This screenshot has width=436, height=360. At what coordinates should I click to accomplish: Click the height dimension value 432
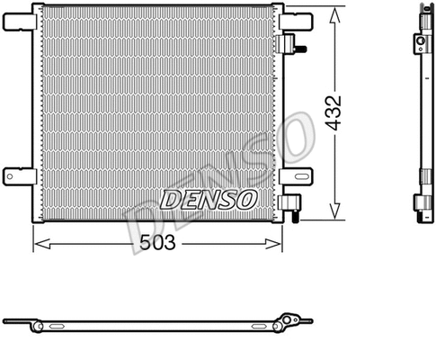tap(334, 114)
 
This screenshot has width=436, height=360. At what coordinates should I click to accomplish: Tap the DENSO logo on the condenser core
tap(209, 197)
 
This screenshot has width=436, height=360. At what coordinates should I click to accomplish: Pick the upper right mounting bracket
tap(295, 20)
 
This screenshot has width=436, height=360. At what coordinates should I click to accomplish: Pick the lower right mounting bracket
tap(295, 175)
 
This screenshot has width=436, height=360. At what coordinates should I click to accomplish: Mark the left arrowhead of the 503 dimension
tap(39, 243)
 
